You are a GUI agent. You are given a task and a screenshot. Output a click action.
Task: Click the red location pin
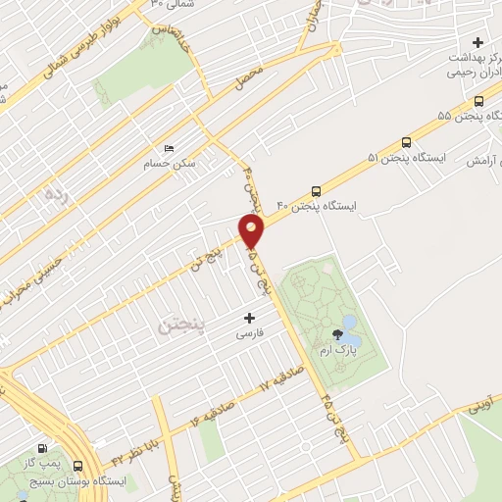coord(252,231)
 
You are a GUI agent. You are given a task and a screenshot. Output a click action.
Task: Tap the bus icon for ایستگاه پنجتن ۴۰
coord(315,191)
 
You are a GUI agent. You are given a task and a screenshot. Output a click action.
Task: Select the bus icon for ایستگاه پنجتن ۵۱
coord(406,141)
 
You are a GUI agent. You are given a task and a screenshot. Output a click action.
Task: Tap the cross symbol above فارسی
coord(248,318)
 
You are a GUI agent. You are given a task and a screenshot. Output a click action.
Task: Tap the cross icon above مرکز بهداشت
coord(477,42)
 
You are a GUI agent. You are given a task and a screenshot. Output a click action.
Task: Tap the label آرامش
coord(481,160)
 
